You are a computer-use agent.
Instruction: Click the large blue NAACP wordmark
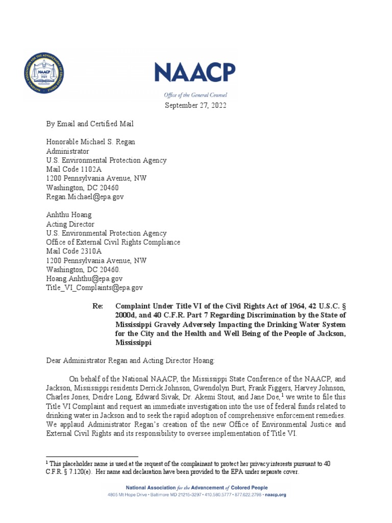(195, 73)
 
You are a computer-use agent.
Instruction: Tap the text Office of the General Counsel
(195, 95)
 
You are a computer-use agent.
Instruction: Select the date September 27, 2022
(195, 105)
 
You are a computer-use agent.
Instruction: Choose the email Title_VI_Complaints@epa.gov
(94, 288)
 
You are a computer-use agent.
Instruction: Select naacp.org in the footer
(276, 495)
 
